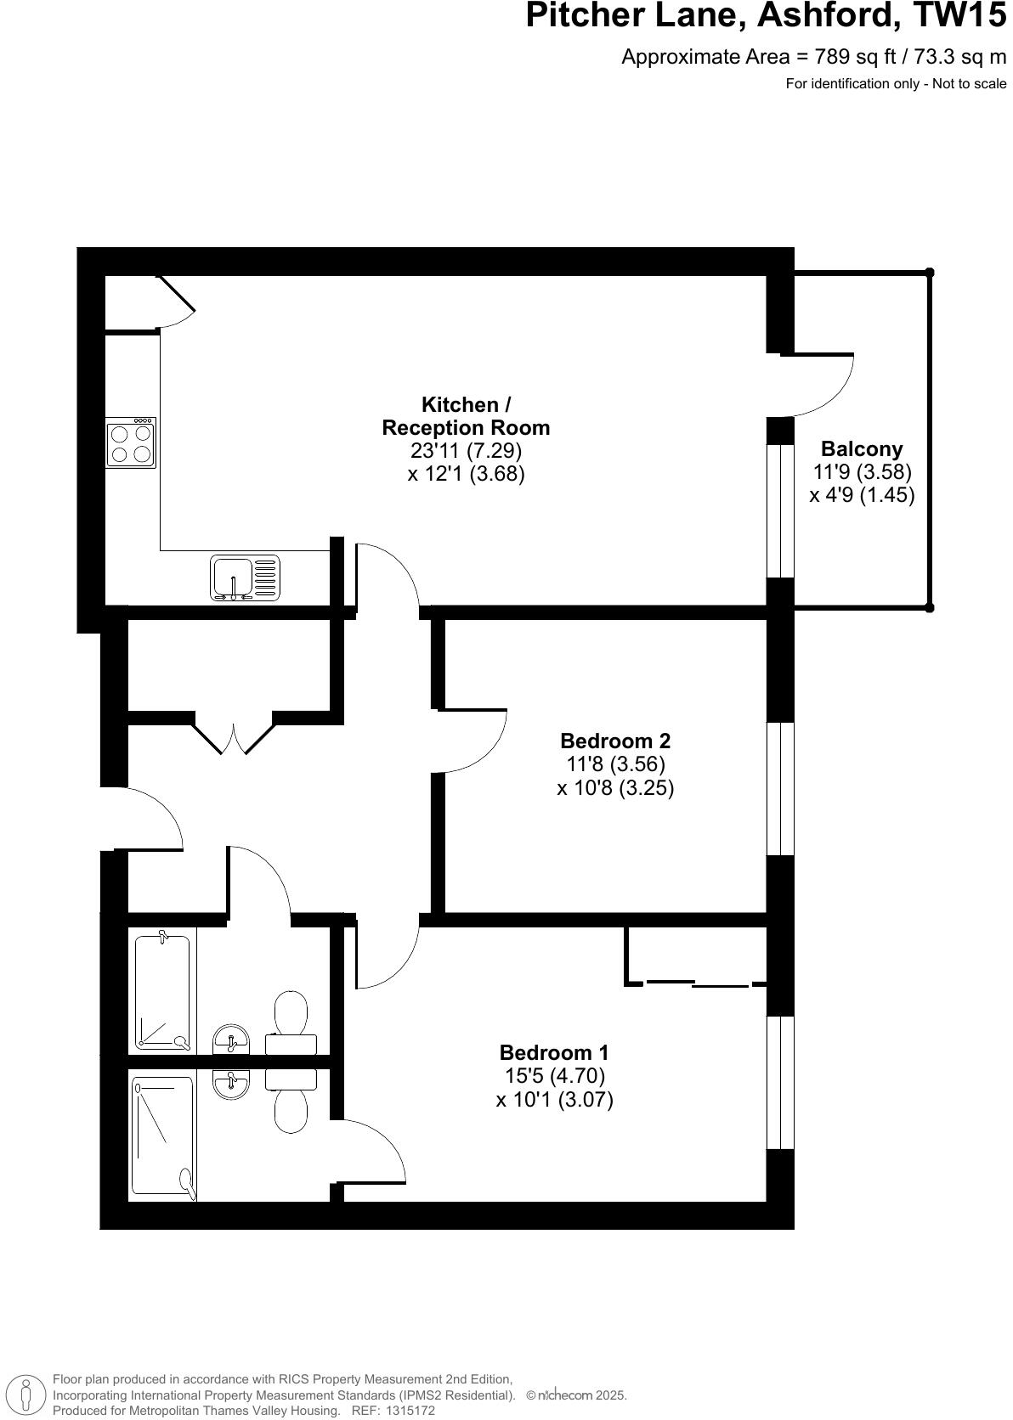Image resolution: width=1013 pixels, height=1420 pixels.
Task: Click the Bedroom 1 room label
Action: click(x=554, y=1053)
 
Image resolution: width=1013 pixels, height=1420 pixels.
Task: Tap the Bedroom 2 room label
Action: click(x=614, y=741)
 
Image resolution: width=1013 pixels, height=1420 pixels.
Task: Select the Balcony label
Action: click(x=861, y=448)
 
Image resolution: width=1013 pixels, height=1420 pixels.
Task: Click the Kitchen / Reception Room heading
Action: click(x=466, y=416)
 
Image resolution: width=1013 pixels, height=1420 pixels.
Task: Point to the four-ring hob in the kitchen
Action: click(x=131, y=442)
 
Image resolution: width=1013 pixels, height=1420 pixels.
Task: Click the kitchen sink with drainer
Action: click(x=245, y=578)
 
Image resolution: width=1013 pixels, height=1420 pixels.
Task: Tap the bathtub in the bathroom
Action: click(x=162, y=991)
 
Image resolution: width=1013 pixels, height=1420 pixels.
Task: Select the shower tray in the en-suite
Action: click(x=162, y=1136)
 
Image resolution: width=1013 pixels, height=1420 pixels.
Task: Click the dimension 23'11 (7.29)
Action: click(x=466, y=450)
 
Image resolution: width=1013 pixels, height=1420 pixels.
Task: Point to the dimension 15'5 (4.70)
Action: click(x=554, y=1076)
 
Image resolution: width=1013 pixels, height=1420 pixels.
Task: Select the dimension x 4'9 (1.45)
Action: click(x=862, y=495)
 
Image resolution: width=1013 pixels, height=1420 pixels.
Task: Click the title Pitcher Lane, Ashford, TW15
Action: click(x=766, y=17)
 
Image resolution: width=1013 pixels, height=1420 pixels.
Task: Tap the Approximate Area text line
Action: click(x=813, y=57)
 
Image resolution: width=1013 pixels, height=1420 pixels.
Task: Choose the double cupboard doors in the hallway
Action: click(x=234, y=735)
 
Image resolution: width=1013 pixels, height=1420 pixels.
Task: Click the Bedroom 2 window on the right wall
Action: click(x=780, y=788)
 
